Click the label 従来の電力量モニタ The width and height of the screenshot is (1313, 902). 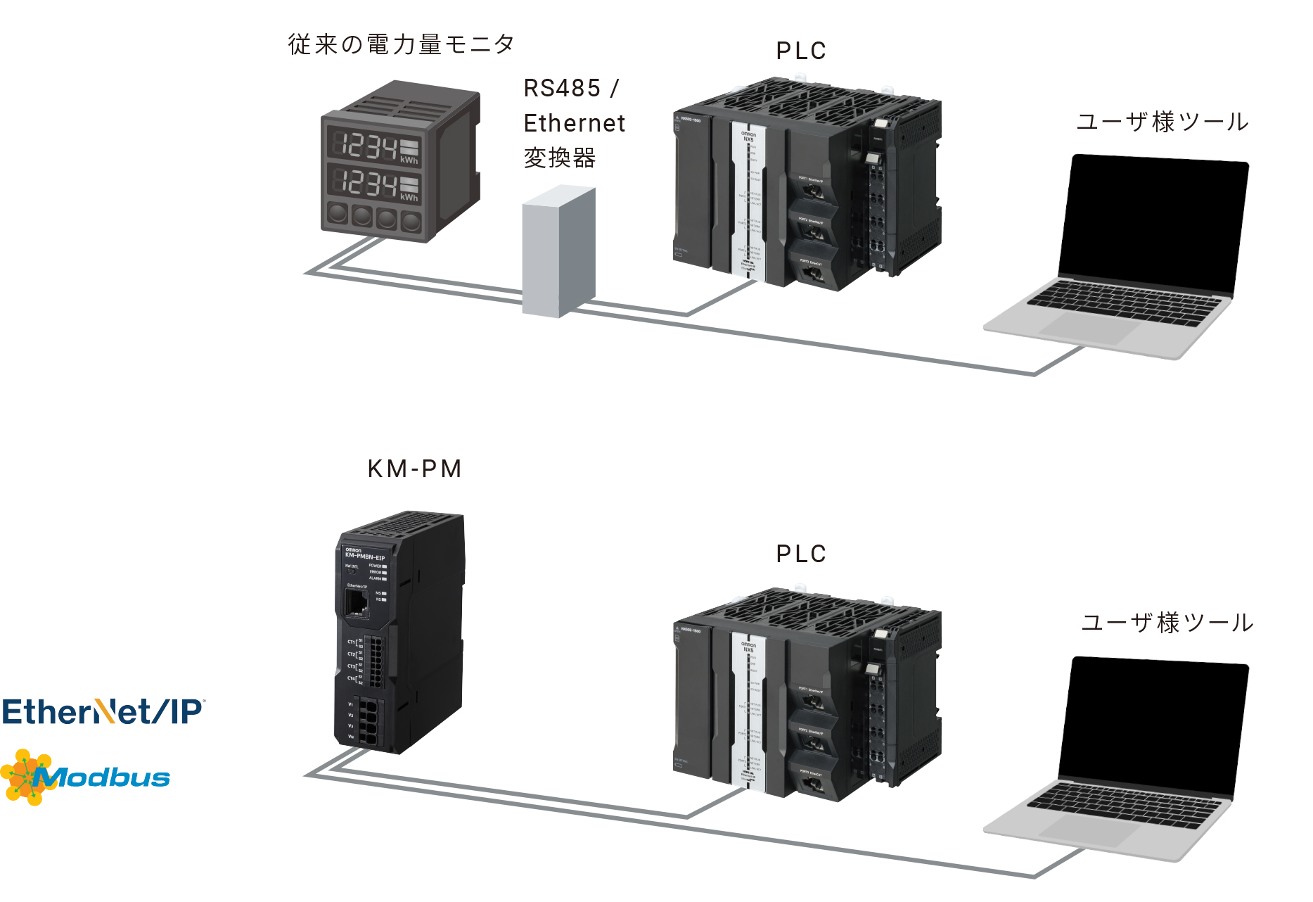[x=401, y=44]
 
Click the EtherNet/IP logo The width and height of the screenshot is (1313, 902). [x=103, y=711]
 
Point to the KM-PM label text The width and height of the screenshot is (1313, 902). [x=414, y=469]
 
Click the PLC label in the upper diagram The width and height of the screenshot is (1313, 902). [x=801, y=51]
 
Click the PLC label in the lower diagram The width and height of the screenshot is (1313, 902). [x=801, y=554]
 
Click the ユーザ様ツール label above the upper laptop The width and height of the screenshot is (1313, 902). [x=1163, y=122]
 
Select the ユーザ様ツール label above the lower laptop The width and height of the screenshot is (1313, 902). [x=1167, y=623]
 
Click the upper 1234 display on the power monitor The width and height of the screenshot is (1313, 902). [x=366, y=146]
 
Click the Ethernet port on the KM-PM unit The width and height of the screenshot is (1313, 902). [x=356, y=603]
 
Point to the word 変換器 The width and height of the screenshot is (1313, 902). [x=560, y=158]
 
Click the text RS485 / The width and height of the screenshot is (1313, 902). [x=571, y=89]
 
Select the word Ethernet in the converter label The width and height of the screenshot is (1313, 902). [x=574, y=123]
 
